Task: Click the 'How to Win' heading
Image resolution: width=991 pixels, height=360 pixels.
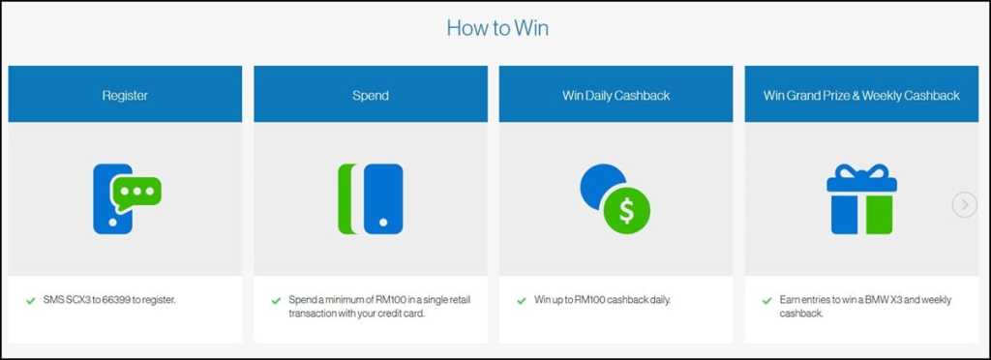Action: [x=497, y=28]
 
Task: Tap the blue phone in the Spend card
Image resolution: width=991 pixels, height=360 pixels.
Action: [x=383, y=199]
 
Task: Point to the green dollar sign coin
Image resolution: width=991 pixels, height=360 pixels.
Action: [x=626, y=211]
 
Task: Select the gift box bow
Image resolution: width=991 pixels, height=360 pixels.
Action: [x=861, y=174]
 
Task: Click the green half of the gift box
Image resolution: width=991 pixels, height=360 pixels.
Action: [x=879, y=215]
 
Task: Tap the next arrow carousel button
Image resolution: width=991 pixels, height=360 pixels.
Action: [x=965, y=204]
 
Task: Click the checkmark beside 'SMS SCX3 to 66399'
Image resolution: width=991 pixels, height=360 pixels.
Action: [x=30, y=301]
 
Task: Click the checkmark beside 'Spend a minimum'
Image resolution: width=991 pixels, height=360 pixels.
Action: [x=276, y=301]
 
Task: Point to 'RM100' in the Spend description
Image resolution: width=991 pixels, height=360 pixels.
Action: [x=374, y=300]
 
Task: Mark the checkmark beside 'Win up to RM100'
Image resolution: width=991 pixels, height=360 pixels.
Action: [x=521, y=301]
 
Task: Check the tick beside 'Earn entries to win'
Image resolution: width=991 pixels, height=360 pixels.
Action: [x=766, y=301]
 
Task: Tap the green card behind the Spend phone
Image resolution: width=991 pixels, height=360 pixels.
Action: [x=346, y=199]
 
